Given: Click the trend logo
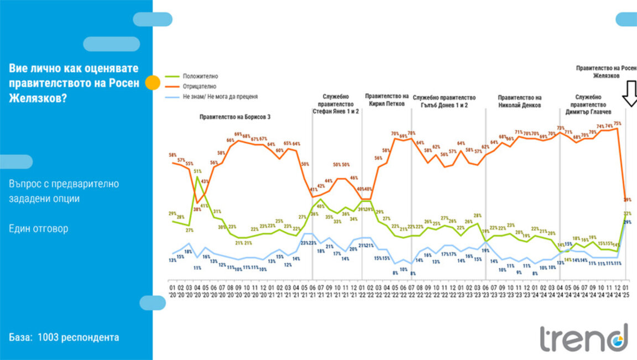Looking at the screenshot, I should pyautogui.click(x=584, y=338).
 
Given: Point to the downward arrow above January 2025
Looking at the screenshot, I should pyautogui.click(x=630, y=93).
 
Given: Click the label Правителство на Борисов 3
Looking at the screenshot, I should pyautogui.click(x=236, y=117).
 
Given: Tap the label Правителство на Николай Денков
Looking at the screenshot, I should pyautogui.click(x=519, y=101).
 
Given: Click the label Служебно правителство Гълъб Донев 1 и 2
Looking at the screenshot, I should pyautogui.click(x=444, y=101).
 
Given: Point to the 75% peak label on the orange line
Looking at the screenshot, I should pyautogui.click(x=617, y=123).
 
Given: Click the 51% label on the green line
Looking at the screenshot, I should pyautogui.click(x=197, y=171).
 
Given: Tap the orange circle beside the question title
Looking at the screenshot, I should pyautogui.click(x=153, y=84).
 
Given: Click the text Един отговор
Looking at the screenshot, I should pyautogui.click(x=39, y=228).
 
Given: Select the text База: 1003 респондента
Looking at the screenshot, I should pyautogui.click(x=64, y=337).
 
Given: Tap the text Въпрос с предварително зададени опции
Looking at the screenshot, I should pyautogui.click(x=64, y=191).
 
